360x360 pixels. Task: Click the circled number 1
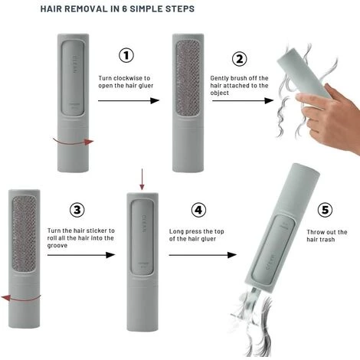pos(126,55)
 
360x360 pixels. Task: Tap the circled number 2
pos(239,59)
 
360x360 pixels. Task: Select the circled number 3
pos(77,210)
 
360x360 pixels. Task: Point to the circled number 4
pos(198,210)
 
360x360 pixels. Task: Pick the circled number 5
pos(325,210)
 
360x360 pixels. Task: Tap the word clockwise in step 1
pos(128,78)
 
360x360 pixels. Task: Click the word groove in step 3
pos(57,246)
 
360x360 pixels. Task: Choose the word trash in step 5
pos(328,240)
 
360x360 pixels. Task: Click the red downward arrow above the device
pos(142,179)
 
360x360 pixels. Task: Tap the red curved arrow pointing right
pos(74,142)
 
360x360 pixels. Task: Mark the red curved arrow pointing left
pos(21,297)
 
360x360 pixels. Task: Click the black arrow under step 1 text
pos(129,100)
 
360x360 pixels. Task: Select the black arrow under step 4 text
pos(203,255)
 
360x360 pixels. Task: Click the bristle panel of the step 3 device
pos(25,234)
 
